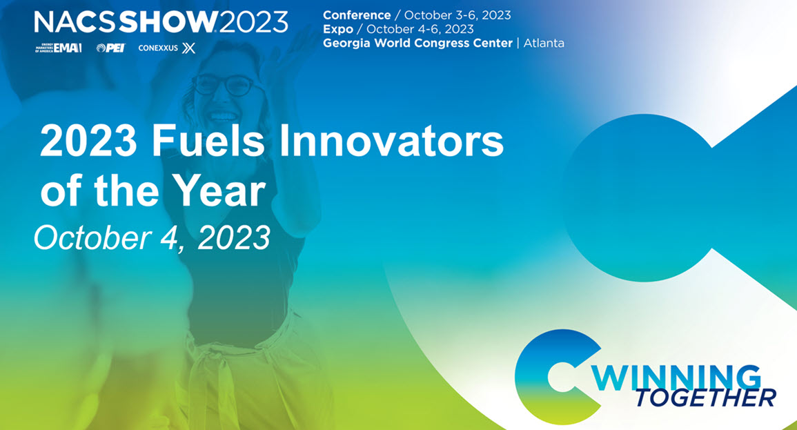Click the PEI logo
pyautogui.click(x=110, y=48)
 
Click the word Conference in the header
pyautogui.click(x=357, y=15)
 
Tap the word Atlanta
pyautogui.click(x=544, y=43)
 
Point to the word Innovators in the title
pyautogui.click(x=389, y=143)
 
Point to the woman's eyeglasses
pyautogui.click(x=222, y=85)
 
